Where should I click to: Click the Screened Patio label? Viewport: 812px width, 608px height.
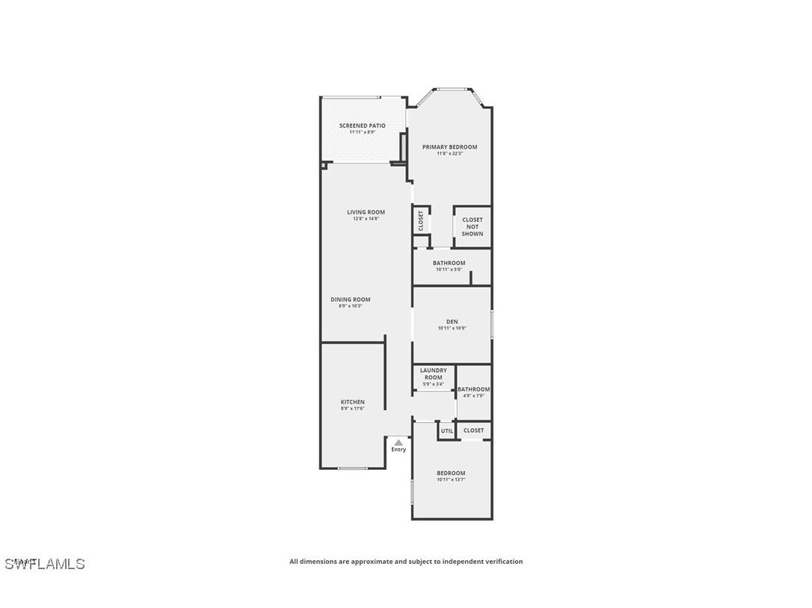pyautogui.click(x=363, y=125)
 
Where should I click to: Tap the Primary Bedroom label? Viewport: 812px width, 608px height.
pyautogui.click(x=449, y=147)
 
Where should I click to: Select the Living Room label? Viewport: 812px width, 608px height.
pyautogui.click(x=366, y=212)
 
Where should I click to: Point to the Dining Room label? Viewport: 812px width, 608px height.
pyautogui.click(x=351, y=300)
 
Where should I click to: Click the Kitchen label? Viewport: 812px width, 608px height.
pyautogui.click(x=353, y=402)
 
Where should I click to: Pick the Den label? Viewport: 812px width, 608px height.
pyautogui.click(x=452, y=322)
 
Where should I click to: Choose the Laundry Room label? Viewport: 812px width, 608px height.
pyautogui.click(x=433, y=373)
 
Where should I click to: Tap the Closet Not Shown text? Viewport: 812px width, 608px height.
pyautogui.click(x=473, y=227)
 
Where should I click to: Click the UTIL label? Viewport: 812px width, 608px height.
pyautogui.click(x=447, y=431)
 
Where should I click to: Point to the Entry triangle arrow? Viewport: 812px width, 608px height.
pyautogui.click(x=399, y=442)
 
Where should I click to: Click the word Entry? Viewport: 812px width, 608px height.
pyautogui.click(x=399, y=450)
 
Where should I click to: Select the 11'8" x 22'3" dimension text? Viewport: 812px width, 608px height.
pyautogui.click(x=450, y=154)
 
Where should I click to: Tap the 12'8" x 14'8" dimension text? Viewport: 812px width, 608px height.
pyautogui.click(x=366, y=219)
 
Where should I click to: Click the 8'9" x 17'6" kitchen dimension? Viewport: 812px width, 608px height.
pyautogui.click(x=352, y=409)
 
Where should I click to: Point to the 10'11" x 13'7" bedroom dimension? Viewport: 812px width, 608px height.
pyautogui.click(x=451, y=480)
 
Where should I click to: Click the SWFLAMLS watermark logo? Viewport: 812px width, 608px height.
pyautogui.click(x=45, y=564)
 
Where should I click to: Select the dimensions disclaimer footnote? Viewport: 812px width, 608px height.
pyautogui.click(x=406, y=562)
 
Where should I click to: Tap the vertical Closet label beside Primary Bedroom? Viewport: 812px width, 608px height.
pyautogui.click(x=421, y=220)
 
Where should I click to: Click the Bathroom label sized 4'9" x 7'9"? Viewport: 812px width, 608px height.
pyautogui.click(x=474, y=389)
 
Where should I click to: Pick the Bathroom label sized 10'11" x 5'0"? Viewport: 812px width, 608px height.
pyautogui.click(x=449, y=263)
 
